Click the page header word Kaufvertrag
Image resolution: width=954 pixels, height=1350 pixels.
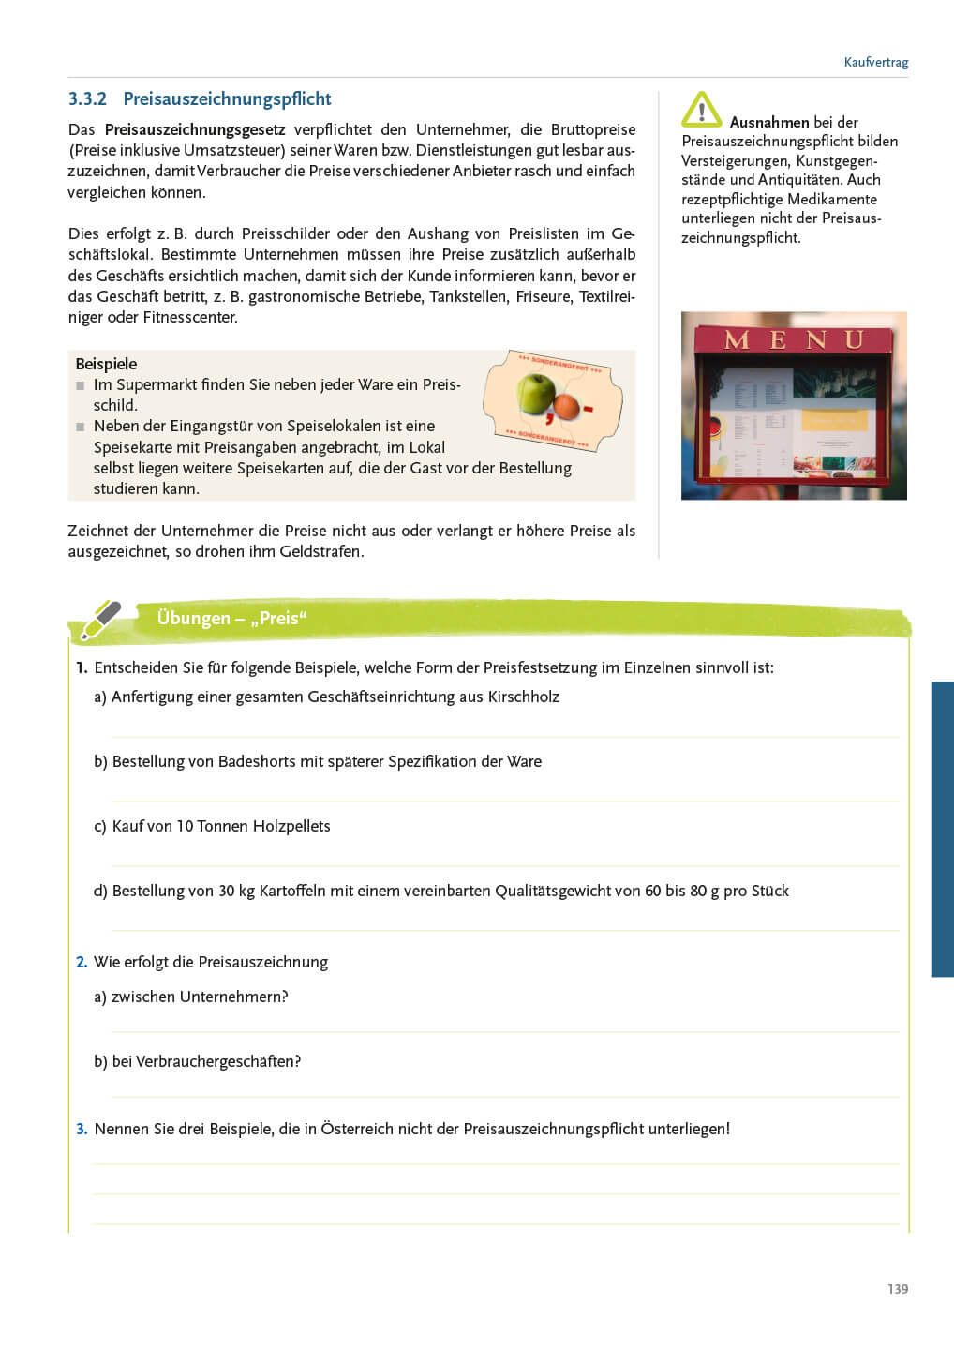[x=875, y=63]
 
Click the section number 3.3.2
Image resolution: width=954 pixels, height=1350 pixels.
[x=87, y=99]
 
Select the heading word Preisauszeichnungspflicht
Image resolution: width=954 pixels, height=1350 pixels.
[x=227, y=99]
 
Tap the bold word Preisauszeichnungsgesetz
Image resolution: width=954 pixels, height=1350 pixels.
[x=195, y=130]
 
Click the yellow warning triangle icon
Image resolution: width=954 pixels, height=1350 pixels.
[x=701, y=110]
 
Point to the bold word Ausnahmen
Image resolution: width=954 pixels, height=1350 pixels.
[x=768, y=123]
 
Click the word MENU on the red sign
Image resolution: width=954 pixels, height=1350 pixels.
[x=793, y=339]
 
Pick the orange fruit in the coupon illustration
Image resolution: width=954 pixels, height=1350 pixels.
[x=566, y=406]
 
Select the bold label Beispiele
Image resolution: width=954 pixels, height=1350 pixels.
[x=106, y=364]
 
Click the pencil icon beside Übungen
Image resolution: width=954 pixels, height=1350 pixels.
[x=101, y=619]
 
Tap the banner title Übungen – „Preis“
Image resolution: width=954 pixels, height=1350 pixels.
[x=231, y=619]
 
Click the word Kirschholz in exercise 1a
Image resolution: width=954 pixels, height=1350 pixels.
[x=523, y=697]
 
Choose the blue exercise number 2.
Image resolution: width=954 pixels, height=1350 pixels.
[x=82, y=963]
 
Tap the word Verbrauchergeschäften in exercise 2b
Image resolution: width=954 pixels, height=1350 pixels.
[x=217, y=1062]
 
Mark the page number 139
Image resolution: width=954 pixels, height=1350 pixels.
[x=897, y=1289]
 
